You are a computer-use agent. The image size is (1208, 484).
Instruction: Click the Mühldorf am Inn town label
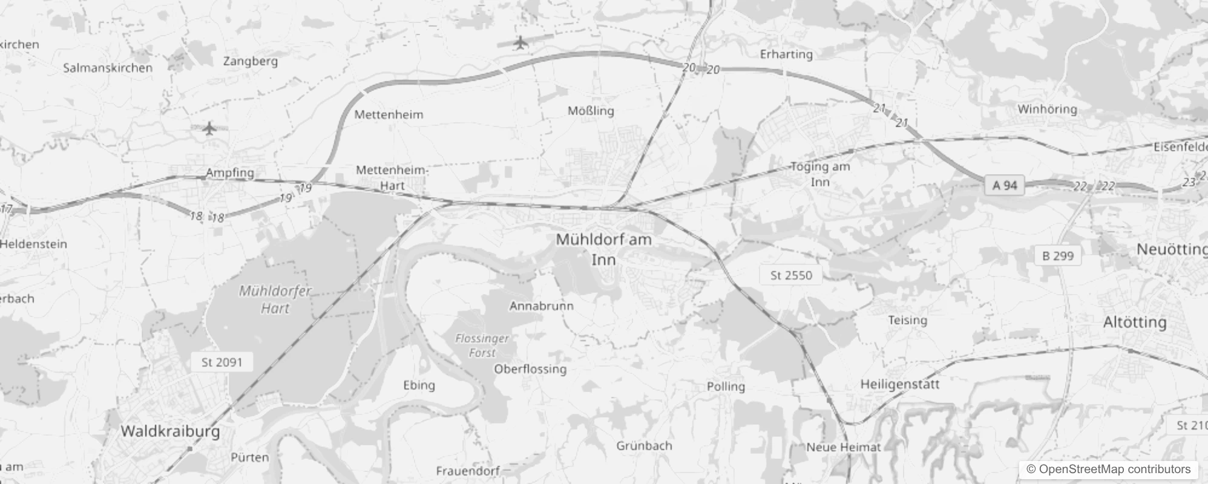tap(603, 249)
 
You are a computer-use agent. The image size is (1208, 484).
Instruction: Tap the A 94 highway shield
tap(1005, 185)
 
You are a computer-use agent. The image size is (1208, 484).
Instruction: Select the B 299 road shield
tap(1058, 256)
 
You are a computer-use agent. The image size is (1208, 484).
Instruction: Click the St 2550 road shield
tap(791, 275)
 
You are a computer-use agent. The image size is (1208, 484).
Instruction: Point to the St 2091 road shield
tap(222, 362)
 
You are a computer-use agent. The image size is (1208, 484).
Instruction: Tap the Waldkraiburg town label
tap(170, 431)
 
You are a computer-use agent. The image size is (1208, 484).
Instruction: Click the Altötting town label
tap(1135, 322)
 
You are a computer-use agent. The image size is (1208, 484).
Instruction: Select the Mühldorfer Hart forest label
tap(275, 299)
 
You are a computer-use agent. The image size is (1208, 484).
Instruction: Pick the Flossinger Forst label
tap(482, 345)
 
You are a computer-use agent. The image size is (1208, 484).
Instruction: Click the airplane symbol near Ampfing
tap(209, 128)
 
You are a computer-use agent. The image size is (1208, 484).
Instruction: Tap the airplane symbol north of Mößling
tap(520, 43)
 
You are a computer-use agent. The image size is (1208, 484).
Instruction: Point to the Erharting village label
tap(786, 54)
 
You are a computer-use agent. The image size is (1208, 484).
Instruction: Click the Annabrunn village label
tap(541, 306)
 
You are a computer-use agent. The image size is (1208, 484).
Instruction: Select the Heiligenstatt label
tap(899, 384)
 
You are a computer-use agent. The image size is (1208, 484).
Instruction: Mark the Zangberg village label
tap(251, 61)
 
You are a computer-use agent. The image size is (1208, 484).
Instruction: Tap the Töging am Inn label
tap(820, 174)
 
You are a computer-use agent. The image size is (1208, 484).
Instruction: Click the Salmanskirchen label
tap(108, 68)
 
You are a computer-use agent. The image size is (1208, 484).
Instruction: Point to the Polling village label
tap(726, 386)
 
